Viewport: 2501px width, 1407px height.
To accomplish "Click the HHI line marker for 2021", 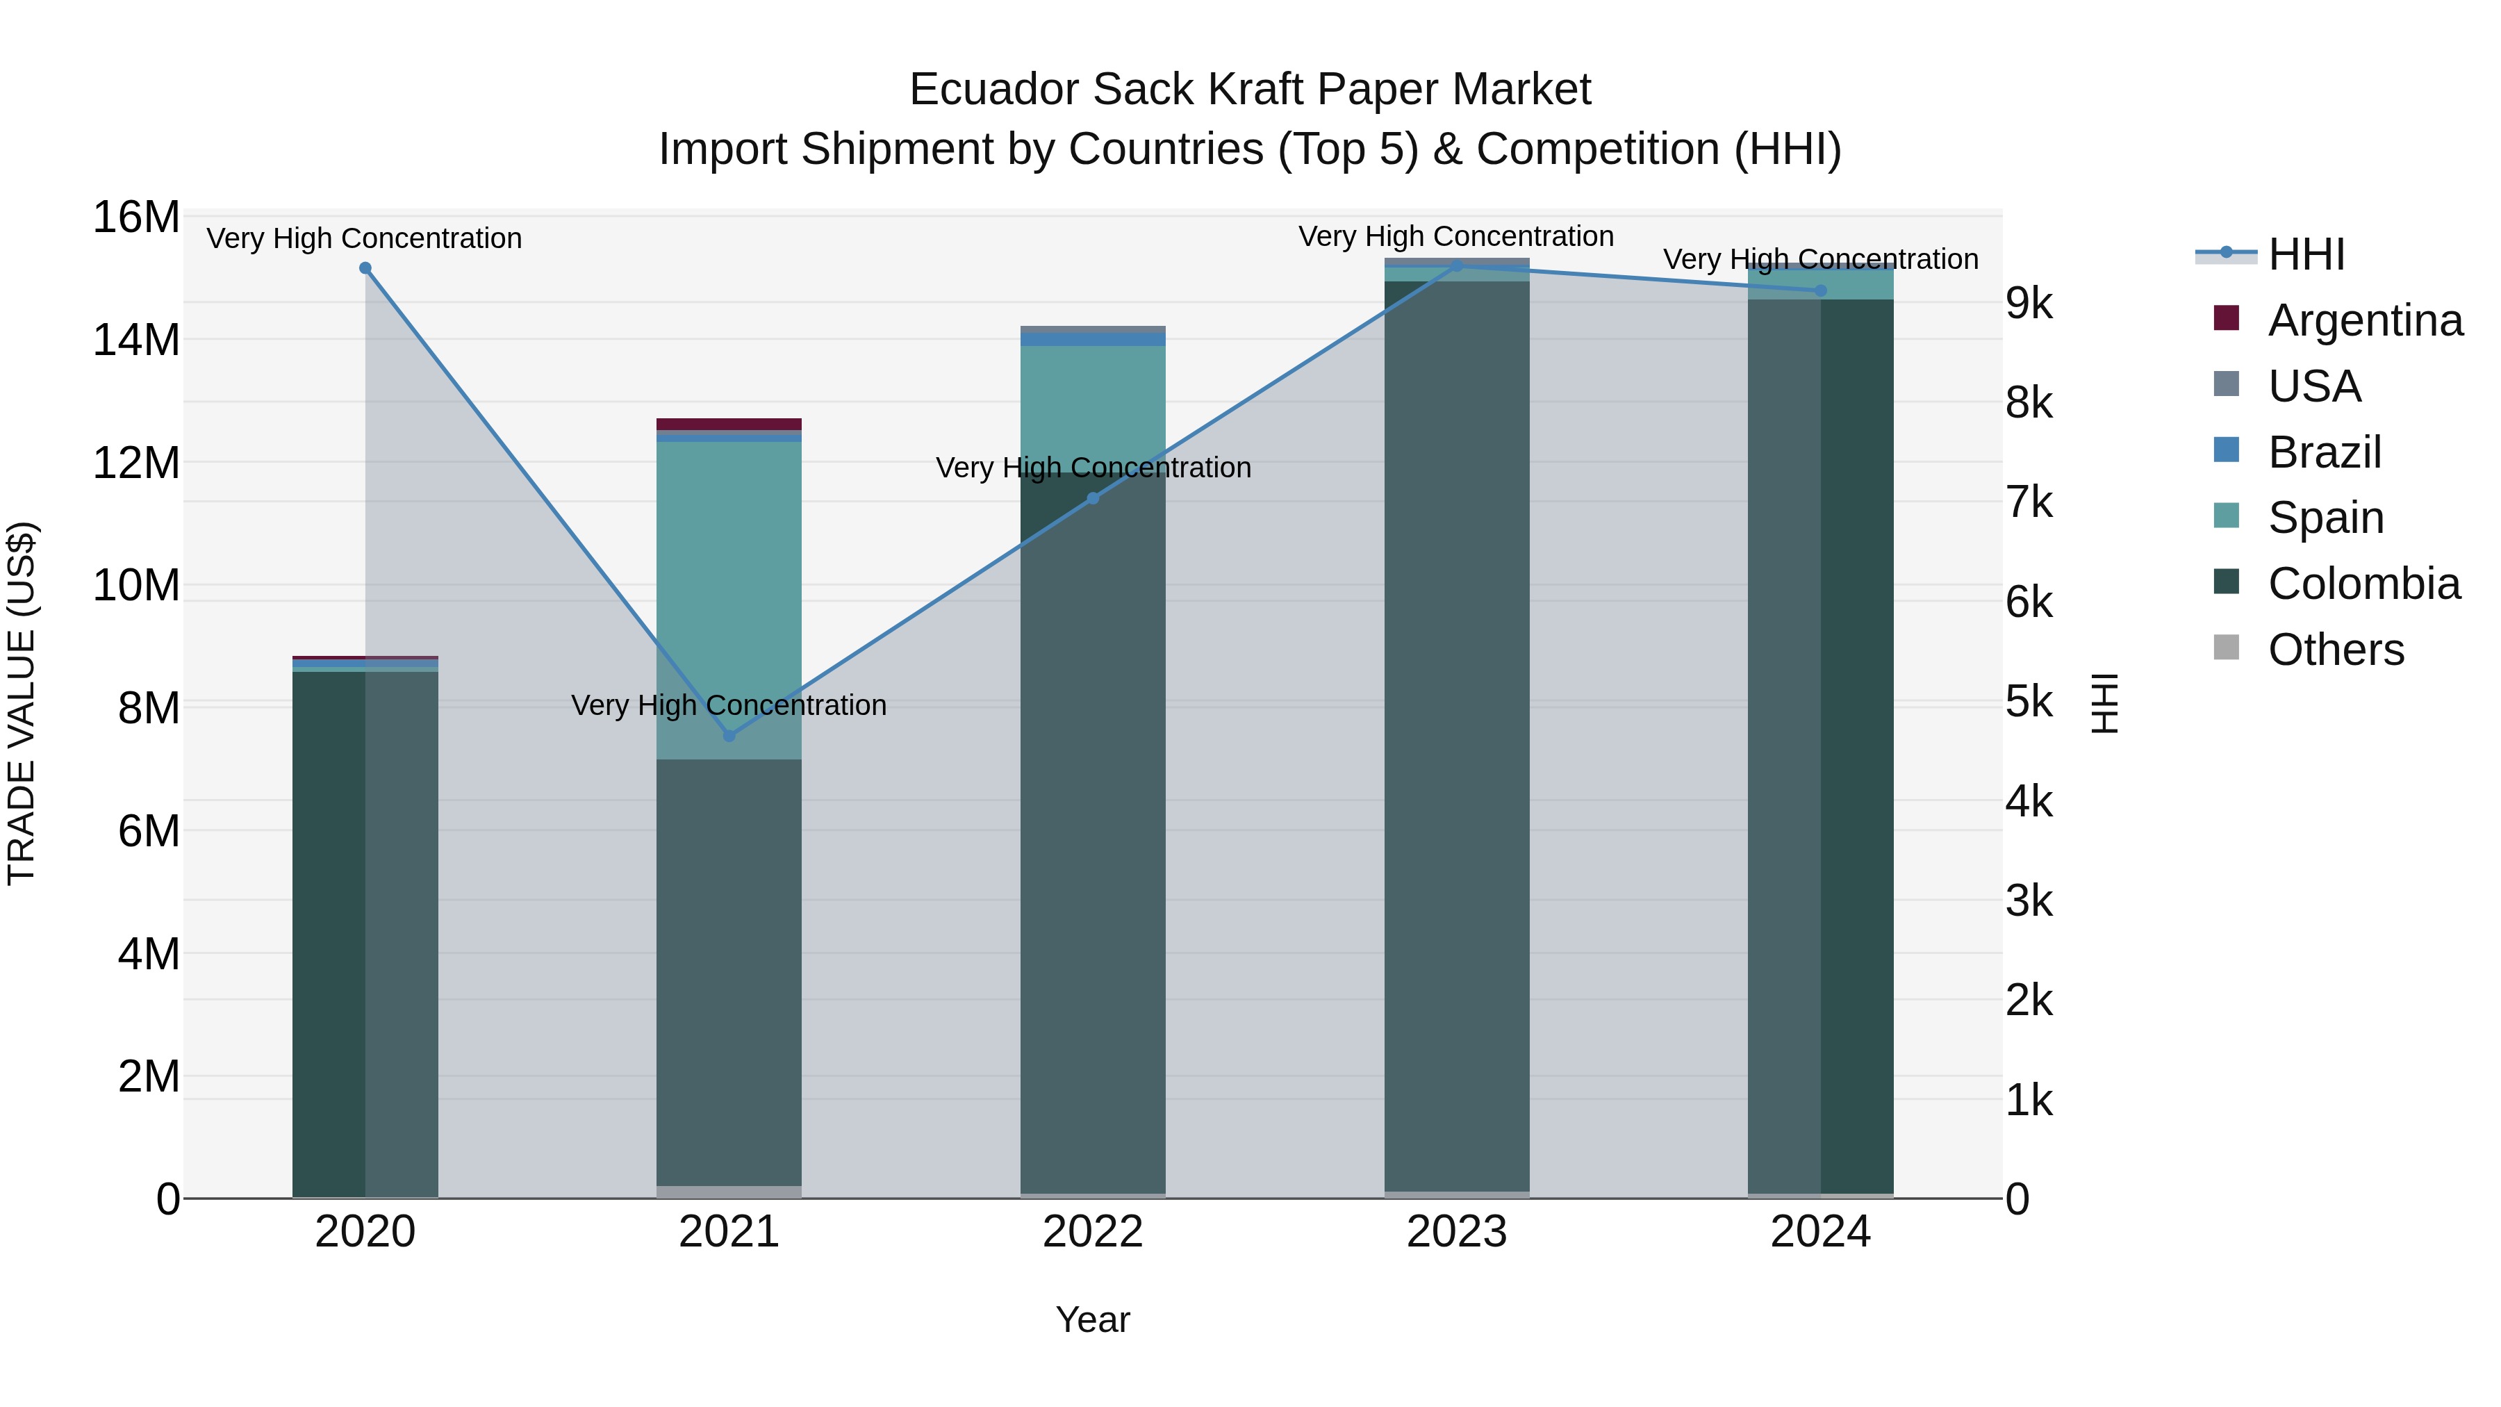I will pyautogui.click(x=729, y=736).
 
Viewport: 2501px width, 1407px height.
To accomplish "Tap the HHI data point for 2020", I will pyautogui.click(x=365, y=268).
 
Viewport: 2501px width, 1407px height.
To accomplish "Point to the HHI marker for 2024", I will pyautogui.click(x=1820, y=290).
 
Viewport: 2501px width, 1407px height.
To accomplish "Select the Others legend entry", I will pyautogui.click(x=2335, y=650).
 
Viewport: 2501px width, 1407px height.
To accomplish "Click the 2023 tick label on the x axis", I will pyautogui.click(x=1456, y=1232).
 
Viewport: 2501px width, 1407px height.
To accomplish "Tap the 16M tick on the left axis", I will pyautogui.click(x=136, y=217).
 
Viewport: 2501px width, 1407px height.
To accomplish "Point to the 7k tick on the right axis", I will pyautogui.click(x=2029, y=503).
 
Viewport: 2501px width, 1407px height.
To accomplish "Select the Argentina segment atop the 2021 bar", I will pyautogui.click(x=729, y=425).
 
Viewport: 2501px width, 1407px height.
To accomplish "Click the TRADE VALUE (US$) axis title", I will pyautogui.click(x=22, y=703).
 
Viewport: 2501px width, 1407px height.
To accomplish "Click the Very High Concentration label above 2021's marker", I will pyautogui.click(x=729, y=705).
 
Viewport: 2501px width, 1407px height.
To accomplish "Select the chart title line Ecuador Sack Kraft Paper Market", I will pyautogui.click(x=1250, y=90).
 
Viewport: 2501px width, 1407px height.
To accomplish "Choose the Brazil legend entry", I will pyautogui.click(x=2325, y=452).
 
